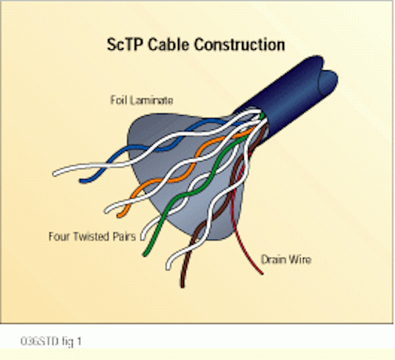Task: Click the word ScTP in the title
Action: [x=125, y=44]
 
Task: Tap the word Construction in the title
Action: [x=239, y=44]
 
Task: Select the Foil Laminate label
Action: [x=142, y=100]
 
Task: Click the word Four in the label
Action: [x=59, y=237]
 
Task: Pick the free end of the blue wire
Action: [x=81, y=181]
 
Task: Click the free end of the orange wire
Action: [x=119, y=216]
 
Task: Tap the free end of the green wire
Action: [x=144, y=255]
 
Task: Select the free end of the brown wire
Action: [x=183, y=286]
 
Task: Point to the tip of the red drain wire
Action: [x=262, y=274]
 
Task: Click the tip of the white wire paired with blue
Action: [x=54, y=173]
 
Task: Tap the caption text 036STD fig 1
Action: [x=51, y=342]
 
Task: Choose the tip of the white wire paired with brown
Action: [x=168, y=267]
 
